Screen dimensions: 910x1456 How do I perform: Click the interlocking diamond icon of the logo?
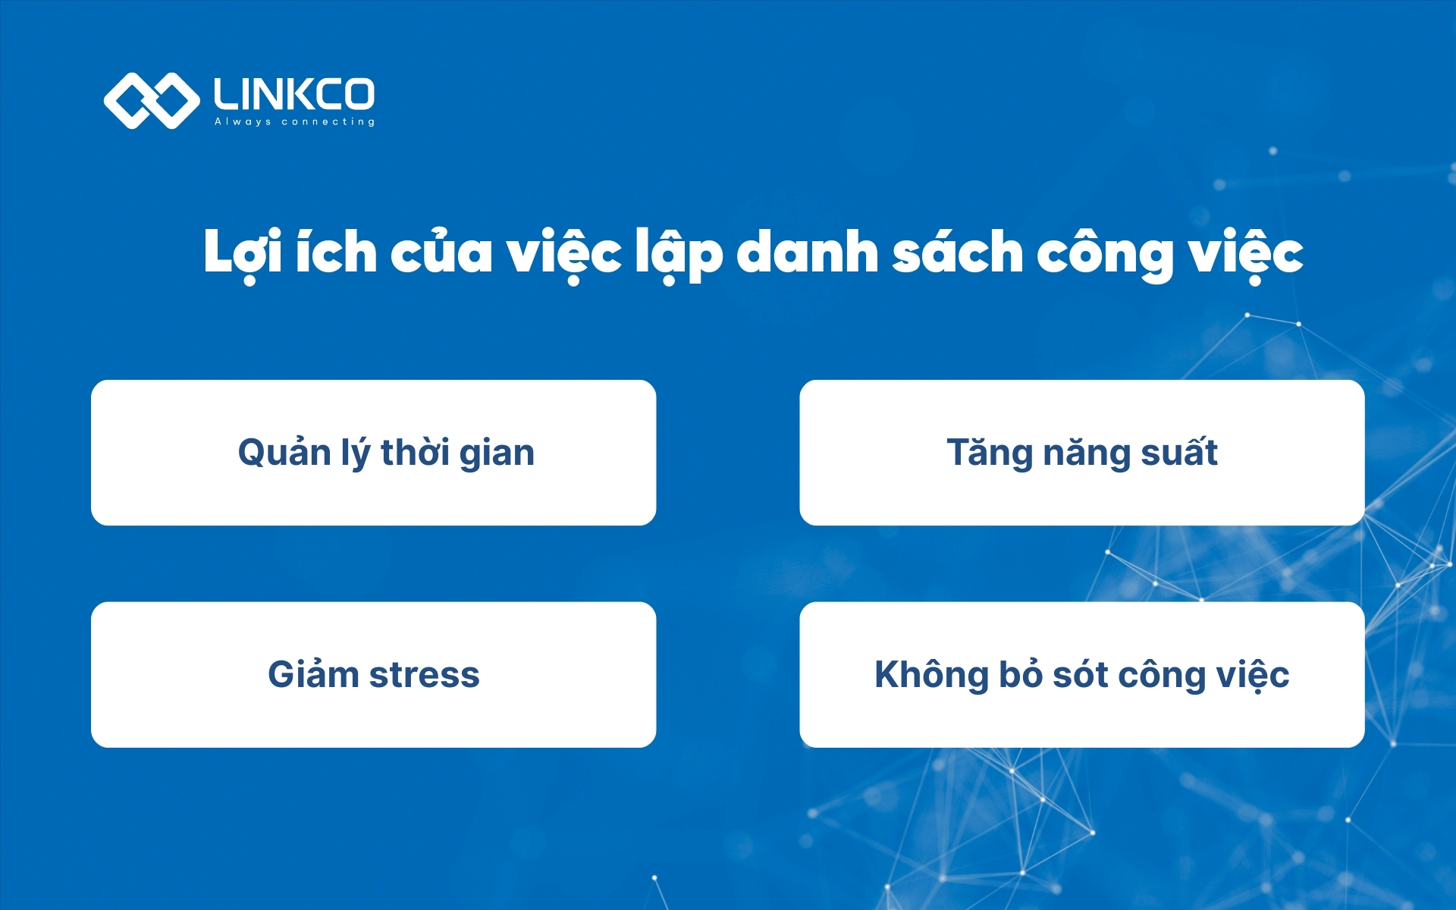151,100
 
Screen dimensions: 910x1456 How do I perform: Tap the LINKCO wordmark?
293,94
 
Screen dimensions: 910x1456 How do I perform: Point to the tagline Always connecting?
294,121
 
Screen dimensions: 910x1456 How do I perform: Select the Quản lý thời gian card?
373,453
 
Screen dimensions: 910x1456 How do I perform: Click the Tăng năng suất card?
1081,453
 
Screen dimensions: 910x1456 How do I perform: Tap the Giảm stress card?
373,674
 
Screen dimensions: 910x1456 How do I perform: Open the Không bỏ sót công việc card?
1081,674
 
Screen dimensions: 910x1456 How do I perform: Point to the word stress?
424,674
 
